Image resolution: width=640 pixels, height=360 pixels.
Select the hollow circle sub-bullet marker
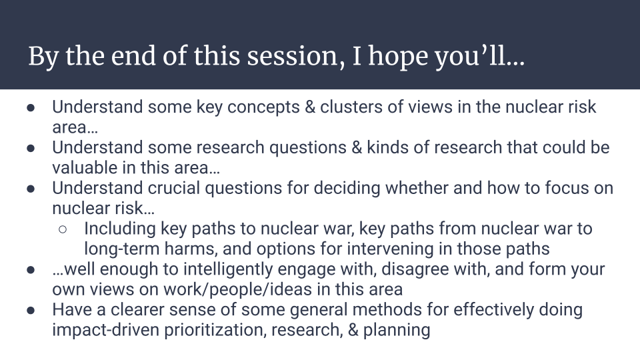63,229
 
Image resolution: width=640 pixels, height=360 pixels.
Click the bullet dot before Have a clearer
31,310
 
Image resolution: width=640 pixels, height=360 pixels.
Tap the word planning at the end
396,330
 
